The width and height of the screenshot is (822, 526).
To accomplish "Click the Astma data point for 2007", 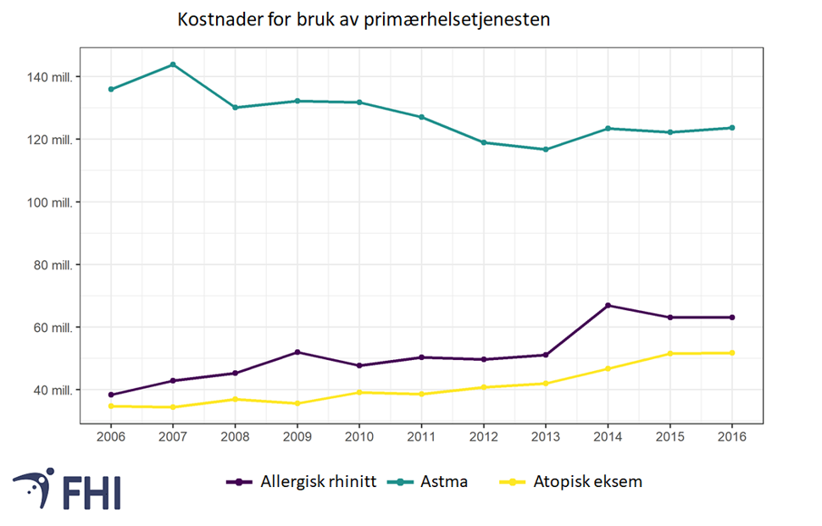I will pyautogui.click(x=173, y=64).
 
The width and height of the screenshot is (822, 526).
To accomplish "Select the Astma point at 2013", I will pyautogui.click(x=546, y=150).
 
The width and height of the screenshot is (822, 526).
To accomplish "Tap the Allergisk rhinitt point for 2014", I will pyautogui.click(x=608, y=306).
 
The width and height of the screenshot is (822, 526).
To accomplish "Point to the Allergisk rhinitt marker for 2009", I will pyautogui.click(x=297, y=352).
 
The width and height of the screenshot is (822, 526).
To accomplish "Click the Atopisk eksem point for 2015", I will pyautogui.click(x=670, y=353).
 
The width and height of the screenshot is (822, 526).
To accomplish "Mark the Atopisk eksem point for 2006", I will pyautogui.click(x=111, y=407).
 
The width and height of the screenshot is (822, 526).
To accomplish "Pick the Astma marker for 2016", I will pyautogui.click(x=732, y=128).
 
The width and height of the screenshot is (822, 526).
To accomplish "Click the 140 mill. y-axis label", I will pyautogui.click(x=52, y=77).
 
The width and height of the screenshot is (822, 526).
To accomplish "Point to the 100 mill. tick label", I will pyautogui.click(x=52, y=202).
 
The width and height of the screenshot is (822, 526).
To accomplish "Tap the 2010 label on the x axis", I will pyautogui.click(x=359, y=437).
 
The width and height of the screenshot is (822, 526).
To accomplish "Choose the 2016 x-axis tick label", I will pyautogui.click(x=732, y=437).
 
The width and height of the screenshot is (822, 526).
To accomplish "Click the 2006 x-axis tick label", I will pyautogui.click(x=111, y=437).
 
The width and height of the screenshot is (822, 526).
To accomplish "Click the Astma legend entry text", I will pyautogui.click(x=448, y=482).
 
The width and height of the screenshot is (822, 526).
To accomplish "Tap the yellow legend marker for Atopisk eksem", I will pyautogui.click(x=512, y=482).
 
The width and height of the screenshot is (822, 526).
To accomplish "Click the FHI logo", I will pyautogui.click(x=67, y=489).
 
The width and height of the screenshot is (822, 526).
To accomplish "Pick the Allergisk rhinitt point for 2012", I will pyautogui.click(x=484, y=359).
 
